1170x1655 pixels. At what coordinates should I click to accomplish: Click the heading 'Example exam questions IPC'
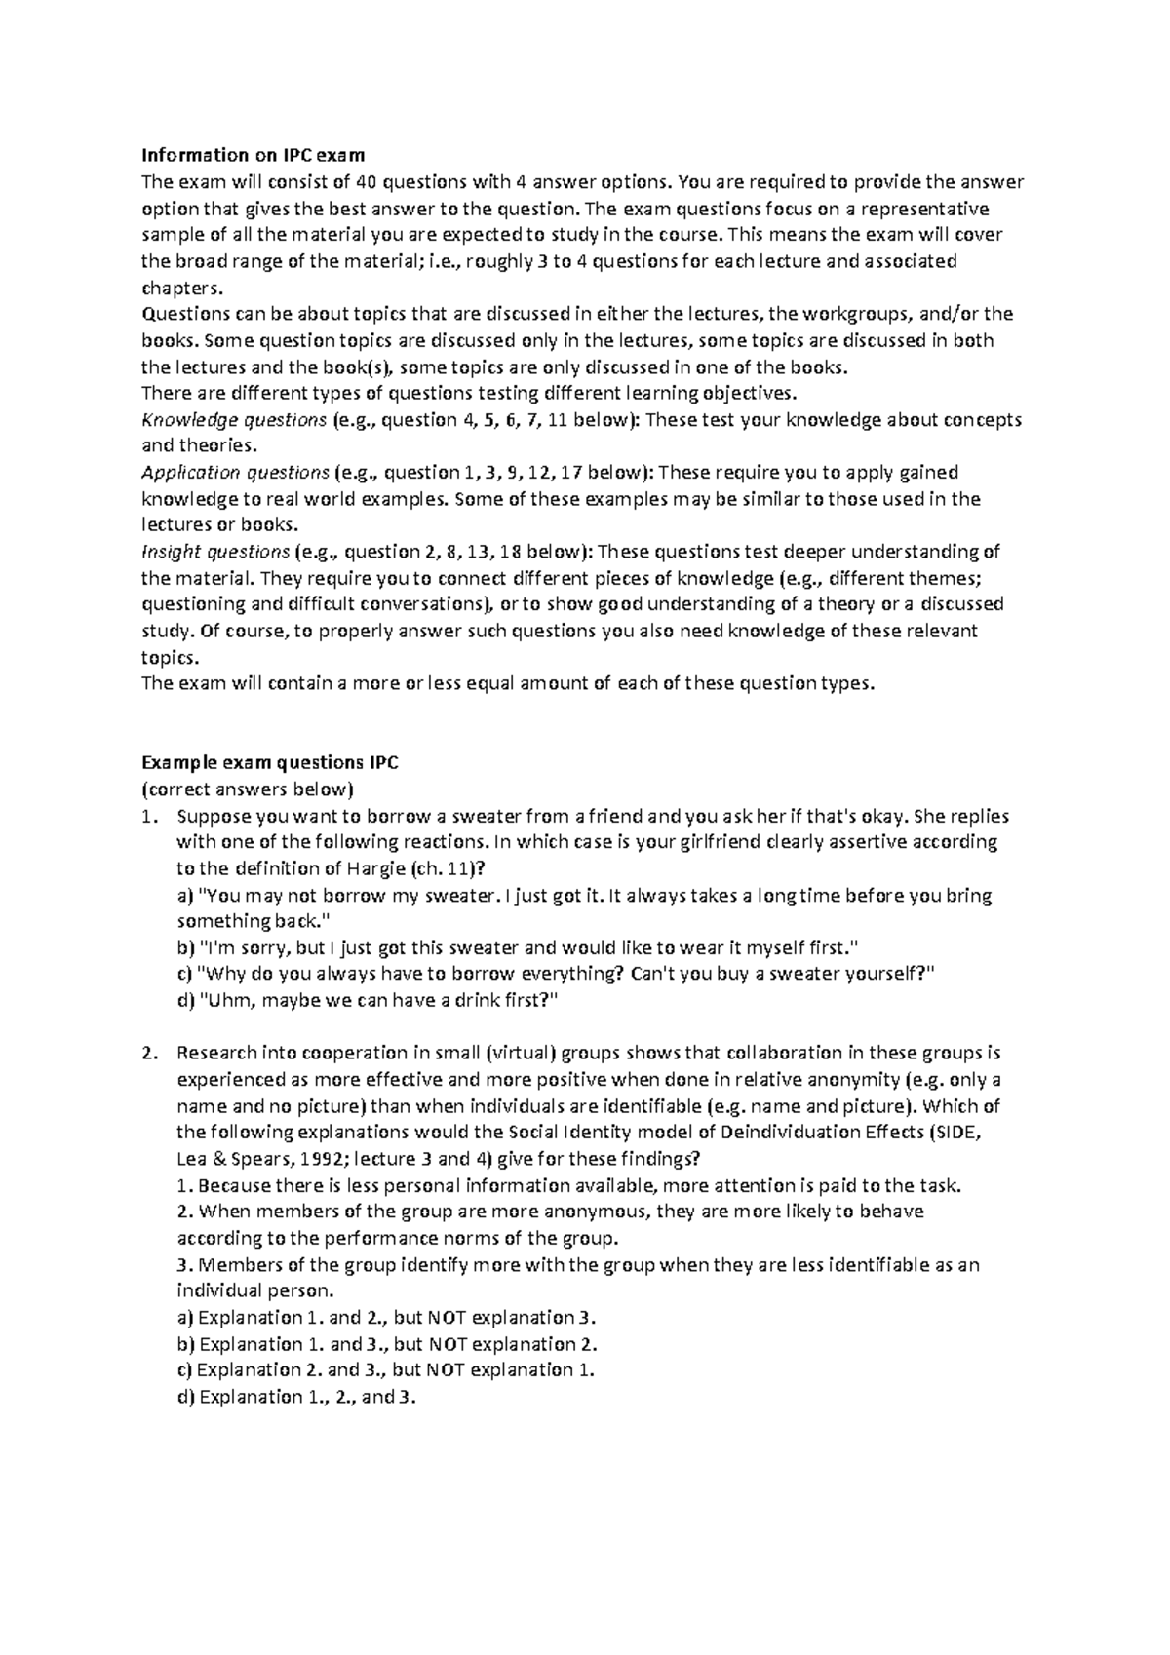[270, 763]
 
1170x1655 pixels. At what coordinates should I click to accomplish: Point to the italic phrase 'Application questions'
[235, 473]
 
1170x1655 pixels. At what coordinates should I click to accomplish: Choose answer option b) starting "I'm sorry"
[517, 947]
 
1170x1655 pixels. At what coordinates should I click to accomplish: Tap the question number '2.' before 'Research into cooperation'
[148, 1054]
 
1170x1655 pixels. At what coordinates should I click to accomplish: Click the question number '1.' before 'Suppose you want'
[148, 816]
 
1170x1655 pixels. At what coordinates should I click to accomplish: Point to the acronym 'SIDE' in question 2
[966, 1133]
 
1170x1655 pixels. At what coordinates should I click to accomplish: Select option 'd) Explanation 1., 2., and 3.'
[297, 1397]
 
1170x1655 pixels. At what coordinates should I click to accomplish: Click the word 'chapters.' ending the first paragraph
[182, 288]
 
